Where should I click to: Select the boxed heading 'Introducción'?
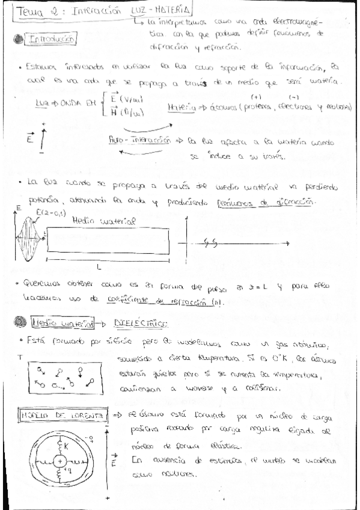[50, 40]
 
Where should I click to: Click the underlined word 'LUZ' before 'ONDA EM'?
[42, 103]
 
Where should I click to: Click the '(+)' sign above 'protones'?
[257, 96]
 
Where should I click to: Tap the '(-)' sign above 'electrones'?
[294, 96]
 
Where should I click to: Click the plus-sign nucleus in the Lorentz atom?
[61, 461]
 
